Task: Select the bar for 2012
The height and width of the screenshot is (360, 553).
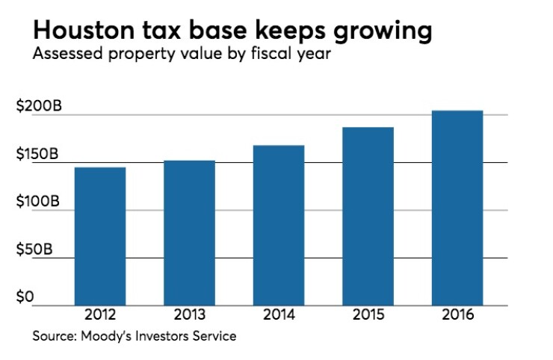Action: [99, 236]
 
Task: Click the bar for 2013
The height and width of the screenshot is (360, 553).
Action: [189, 232]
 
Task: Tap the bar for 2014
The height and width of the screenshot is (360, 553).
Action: [278, 225]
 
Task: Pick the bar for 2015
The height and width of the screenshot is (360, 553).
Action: [368, 216]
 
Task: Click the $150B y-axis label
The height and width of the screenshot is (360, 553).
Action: [37, 155]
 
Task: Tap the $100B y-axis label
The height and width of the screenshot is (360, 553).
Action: [37, 202]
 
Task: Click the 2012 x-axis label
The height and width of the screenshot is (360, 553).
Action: [99, 314]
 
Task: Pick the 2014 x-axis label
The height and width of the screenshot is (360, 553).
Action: [278, 314]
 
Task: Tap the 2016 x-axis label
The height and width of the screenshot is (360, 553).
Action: [457, 314]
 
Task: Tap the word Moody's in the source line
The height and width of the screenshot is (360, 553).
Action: [109, 336]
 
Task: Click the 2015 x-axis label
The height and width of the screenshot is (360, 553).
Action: [368, 314]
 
